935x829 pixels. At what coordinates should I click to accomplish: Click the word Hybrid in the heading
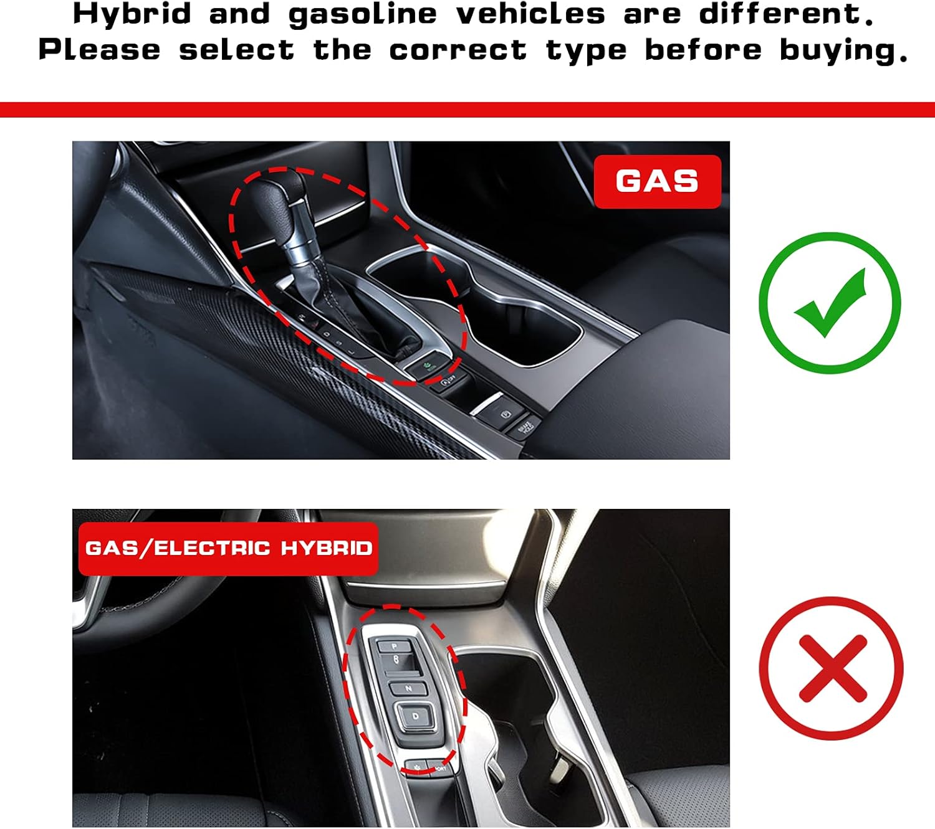pos(132,14)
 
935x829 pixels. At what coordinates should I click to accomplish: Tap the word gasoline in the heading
pos(362,14)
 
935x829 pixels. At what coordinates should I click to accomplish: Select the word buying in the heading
pos(843,50)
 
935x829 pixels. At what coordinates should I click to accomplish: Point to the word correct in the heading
pos(458,50)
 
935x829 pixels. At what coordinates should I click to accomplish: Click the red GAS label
pos(657,181)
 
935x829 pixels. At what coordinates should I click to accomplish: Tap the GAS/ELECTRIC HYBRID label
pos(228,548)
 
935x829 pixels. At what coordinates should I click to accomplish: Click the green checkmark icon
pos(830,303)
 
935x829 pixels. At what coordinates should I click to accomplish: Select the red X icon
pos(832,668)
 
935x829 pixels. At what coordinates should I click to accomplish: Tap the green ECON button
pos(429,366)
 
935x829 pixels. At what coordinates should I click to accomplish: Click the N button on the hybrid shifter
pos(408,689)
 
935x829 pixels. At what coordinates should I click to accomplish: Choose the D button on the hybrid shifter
pos(415,716)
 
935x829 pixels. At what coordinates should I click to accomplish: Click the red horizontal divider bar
pos(467,110)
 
